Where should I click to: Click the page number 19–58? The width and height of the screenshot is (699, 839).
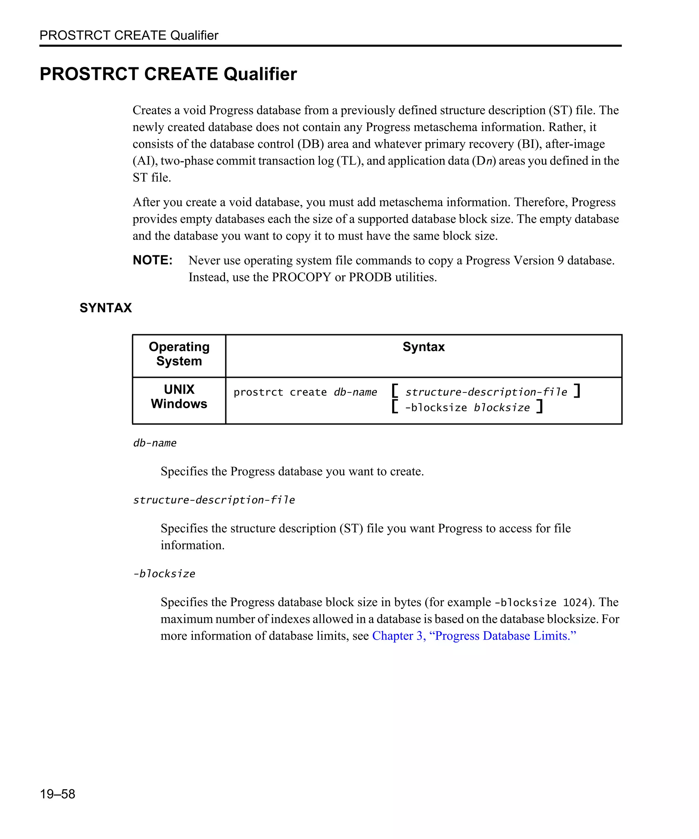click(x=57, y=794)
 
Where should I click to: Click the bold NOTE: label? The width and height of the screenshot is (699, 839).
click(x=153, y=260)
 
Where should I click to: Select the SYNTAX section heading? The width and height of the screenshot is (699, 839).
click(x=105, y=308)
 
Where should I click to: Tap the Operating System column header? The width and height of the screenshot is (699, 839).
click(x=179, y=354)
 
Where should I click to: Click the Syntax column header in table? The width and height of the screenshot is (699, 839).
click(x=424, y=347)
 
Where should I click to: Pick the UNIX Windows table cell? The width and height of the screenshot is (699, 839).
click(x=179, y=396)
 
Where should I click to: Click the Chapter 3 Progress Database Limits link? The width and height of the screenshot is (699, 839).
click(x=474, y=636)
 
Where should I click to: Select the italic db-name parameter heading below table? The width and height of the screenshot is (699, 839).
click(x=155, y=443)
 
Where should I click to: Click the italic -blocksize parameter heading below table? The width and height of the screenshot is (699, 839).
click(x=164, y=574)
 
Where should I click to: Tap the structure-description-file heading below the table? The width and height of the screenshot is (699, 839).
click(x=214, y=500)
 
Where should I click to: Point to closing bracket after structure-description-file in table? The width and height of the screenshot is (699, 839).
click(x=577, y=391)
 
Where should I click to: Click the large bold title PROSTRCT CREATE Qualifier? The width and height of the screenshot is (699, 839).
click(x=168, y=74)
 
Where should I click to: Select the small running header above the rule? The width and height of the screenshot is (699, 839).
click(x=129, y=35)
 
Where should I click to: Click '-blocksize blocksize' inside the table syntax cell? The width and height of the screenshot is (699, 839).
click(x=467, y=408)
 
